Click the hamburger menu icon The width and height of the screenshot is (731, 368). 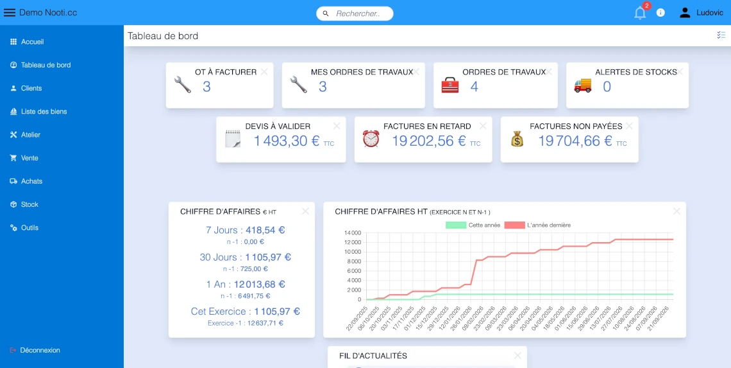coord(10,12)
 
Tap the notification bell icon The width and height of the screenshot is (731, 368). coord(639,13)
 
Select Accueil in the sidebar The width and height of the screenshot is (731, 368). coord(32,42)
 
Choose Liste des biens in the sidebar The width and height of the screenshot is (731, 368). coord(44,112)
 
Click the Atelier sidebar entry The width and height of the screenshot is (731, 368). coord(30,135)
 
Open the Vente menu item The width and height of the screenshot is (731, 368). coord(29,158)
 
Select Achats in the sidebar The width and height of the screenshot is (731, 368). coord(31,181)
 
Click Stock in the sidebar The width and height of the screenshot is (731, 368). coord(29,204)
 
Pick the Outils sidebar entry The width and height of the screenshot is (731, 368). coord(29,228)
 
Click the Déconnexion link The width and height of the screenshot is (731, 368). coord(40,350)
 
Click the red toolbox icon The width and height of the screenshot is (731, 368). coord(450,85)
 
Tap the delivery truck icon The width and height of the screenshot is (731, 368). coord(582,85)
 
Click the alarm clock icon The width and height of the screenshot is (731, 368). coord(371,139)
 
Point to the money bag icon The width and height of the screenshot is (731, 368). coord(517,139)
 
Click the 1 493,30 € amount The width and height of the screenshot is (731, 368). coord(287,141)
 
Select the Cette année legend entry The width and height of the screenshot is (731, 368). coord(474,225)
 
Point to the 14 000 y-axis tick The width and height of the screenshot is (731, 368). coord(353,232)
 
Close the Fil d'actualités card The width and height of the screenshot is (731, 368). coord(517,355)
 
